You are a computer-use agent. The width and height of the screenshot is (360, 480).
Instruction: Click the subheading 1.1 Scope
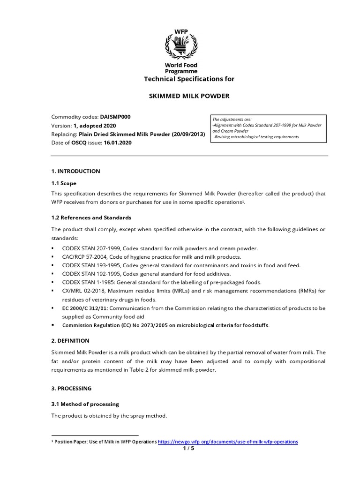(x=63, y=183)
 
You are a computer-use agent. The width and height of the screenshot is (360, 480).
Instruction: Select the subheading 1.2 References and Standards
(x=91, y=217)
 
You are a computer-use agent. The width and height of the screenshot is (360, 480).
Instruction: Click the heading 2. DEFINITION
(x=70, y=341)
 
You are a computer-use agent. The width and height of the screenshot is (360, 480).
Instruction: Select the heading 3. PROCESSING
(x=71, y=389)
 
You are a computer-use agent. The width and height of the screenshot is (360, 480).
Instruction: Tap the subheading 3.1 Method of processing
(x=85, y=404)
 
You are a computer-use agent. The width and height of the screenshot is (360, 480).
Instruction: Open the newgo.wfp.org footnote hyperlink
(x=228, y=442)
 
